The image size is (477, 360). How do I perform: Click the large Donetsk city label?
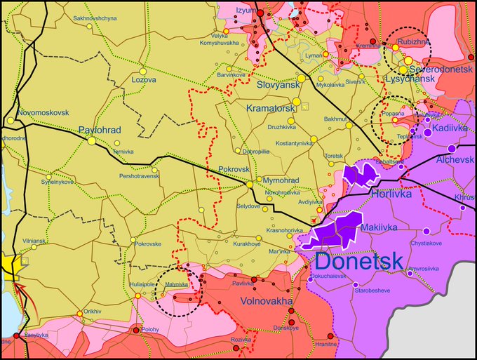358,261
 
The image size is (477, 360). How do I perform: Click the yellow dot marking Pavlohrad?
91,140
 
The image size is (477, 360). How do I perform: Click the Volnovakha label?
266,301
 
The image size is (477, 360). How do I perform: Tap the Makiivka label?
379,227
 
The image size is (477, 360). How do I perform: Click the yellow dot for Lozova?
142,71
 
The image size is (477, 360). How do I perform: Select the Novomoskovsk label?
43,112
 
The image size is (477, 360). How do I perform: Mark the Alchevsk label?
455,160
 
